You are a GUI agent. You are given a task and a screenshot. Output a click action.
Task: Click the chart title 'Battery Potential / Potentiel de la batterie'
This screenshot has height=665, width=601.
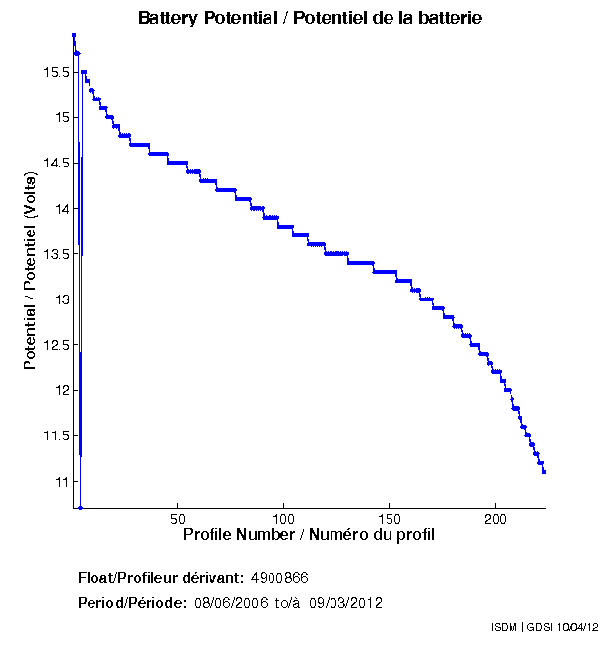[310, 18]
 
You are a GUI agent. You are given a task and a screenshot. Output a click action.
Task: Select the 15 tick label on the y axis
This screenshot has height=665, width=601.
[59, 117]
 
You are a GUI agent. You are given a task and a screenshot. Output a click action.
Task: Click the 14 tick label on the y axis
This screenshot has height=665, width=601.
[59, 208]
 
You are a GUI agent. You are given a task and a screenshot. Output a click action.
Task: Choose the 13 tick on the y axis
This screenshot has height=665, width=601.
[59, 299]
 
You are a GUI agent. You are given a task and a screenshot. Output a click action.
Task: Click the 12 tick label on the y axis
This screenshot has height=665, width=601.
[59, 390]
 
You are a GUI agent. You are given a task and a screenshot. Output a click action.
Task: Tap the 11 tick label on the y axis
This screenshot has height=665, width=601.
[59, 481]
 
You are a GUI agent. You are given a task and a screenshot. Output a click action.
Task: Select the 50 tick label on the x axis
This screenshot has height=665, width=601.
[178, 519]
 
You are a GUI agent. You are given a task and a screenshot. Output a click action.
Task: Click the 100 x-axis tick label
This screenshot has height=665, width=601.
[283, 519]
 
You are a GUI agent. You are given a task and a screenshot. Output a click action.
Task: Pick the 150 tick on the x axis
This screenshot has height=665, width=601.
[390, 519]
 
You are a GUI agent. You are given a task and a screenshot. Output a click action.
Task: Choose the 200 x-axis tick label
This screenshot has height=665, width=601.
[496, 519]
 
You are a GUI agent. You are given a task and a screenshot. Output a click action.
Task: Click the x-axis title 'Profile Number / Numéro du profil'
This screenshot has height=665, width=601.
[309, 535]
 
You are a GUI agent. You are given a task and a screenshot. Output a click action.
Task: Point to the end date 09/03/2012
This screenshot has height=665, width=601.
[346, 602]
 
